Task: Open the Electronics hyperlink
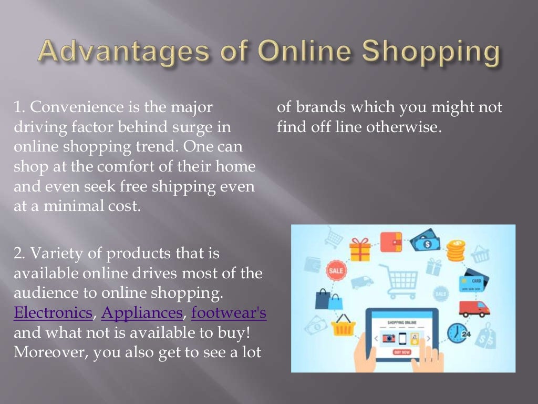[53, 314]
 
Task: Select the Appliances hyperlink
[142, 314]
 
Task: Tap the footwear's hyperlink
[229, 314]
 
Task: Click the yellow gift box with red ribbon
[360, 249]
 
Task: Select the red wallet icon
[391, 241]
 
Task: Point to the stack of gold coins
[456, 251]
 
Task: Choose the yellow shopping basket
[345, 326]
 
